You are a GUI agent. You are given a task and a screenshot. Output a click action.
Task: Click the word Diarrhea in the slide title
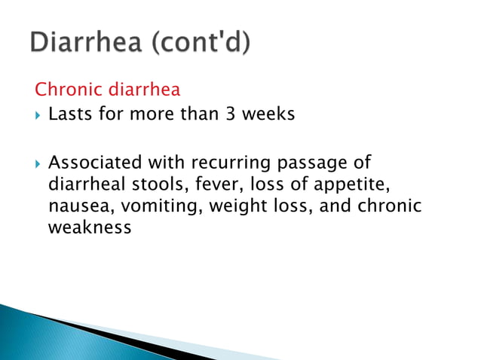(86, 44)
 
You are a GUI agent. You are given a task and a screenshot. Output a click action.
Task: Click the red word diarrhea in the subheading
(145, 90)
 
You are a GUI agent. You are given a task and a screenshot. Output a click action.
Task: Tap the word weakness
(89, 227)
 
